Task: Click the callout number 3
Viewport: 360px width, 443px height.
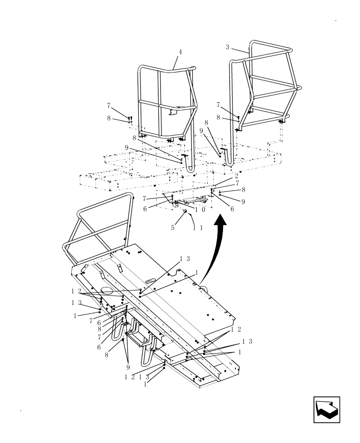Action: click(227, 47)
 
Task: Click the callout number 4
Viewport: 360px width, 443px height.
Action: click(180, 52)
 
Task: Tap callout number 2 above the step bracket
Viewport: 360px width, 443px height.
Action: click(237, 176)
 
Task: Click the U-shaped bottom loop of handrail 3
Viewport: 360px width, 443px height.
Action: click(230, 162)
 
